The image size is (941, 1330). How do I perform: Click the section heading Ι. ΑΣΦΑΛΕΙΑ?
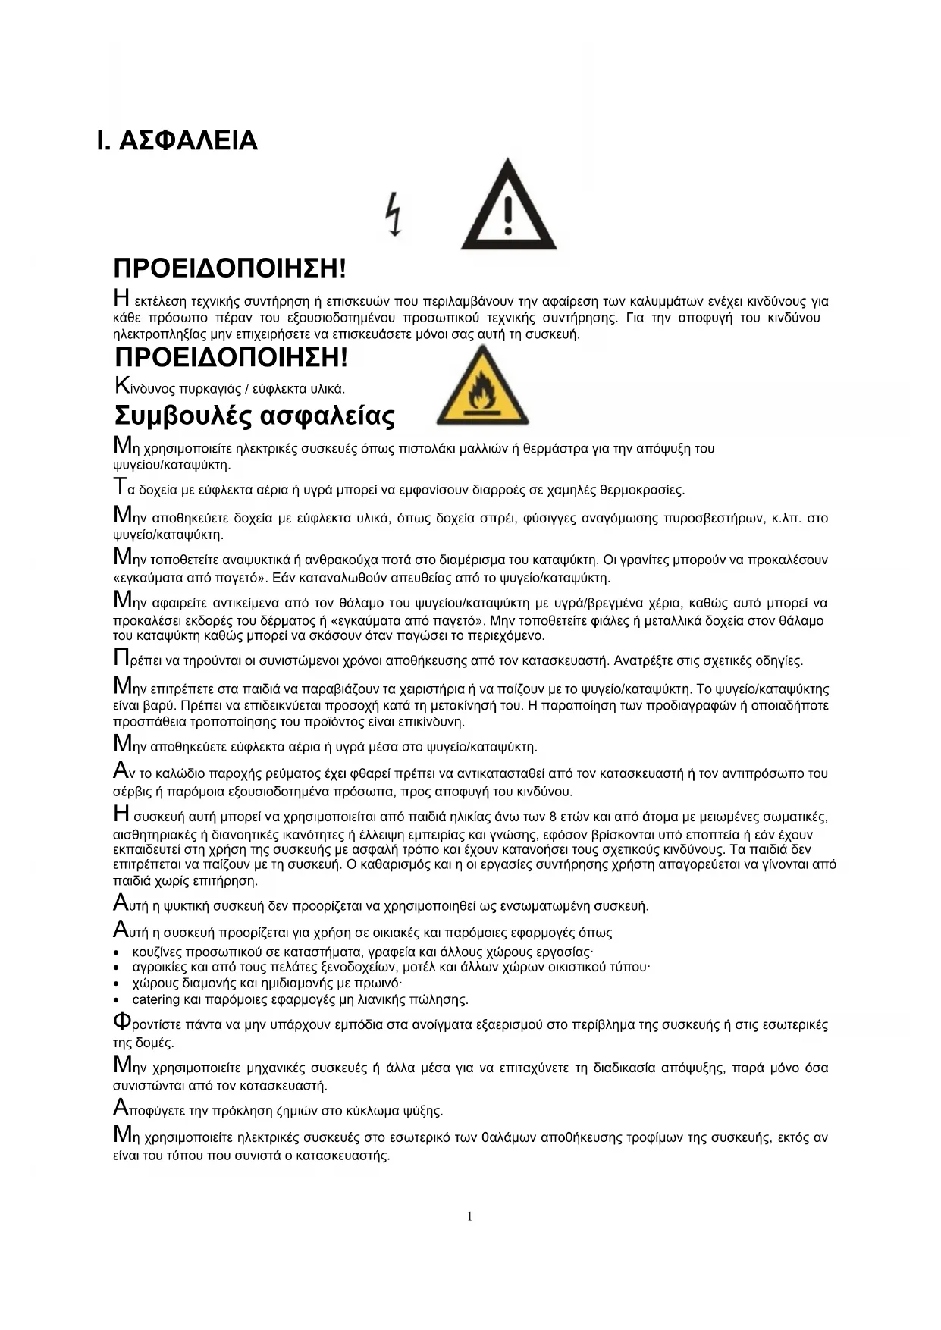[177, 141]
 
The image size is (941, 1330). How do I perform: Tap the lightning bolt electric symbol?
[393, 214]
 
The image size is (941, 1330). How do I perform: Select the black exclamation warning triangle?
[508, 206]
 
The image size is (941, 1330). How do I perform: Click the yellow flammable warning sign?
[482, 387]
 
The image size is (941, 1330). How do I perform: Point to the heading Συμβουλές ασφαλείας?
[254, 416]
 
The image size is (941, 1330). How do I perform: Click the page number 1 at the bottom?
[469, 1216]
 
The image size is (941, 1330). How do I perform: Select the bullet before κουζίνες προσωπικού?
[116, 952]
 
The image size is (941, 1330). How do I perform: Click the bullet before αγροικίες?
[116, 968]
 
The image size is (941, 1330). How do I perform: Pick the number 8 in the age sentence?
[554, 817]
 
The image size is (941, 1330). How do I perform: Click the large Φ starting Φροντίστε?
[121, 1021]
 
